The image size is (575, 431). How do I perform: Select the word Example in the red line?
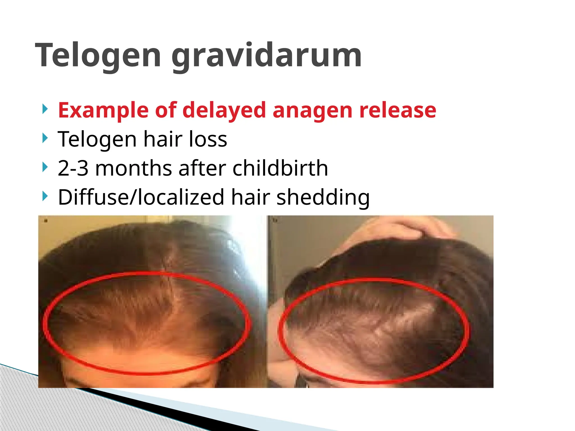coord(103,110)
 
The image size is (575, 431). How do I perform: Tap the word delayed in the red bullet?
coord(224,110)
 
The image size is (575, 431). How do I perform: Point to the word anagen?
coord(312,110)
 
